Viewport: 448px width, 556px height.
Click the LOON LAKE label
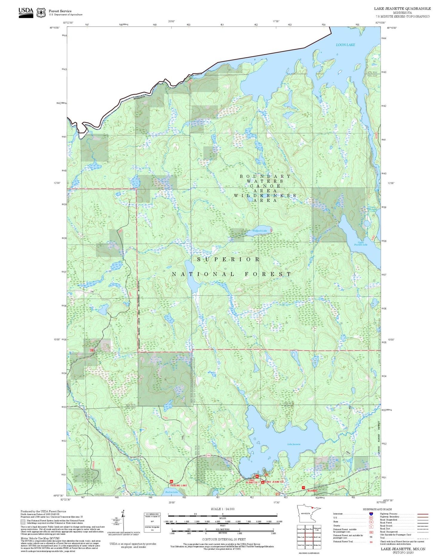click(x=345, y=45)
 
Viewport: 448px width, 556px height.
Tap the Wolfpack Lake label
click(x=260, y=231)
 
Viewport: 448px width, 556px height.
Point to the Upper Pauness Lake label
click(x=360, y=244)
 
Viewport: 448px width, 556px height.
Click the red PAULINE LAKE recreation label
click(x=179, y=485)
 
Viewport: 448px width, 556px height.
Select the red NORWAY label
click(x=312, y=491)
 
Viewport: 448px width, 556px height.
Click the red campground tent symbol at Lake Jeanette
click(x=263, y=482)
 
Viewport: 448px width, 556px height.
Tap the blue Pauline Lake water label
click(x=171, y=492)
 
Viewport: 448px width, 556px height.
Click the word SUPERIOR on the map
click(x=228, y=259)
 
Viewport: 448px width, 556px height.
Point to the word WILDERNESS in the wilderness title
click(x=265, y=196)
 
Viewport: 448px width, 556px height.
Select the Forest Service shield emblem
click(x=41, y=13)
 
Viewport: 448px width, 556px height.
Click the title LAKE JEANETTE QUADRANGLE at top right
click(x=402, y=8)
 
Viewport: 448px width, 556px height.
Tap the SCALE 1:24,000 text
click(x=223, y=509)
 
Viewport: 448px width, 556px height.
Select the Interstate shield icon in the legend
click(x=371, y=514)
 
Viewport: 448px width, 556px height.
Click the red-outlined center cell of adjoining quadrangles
click(x=309, y=537)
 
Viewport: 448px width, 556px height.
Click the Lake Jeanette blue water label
click(x=294, y=444)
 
